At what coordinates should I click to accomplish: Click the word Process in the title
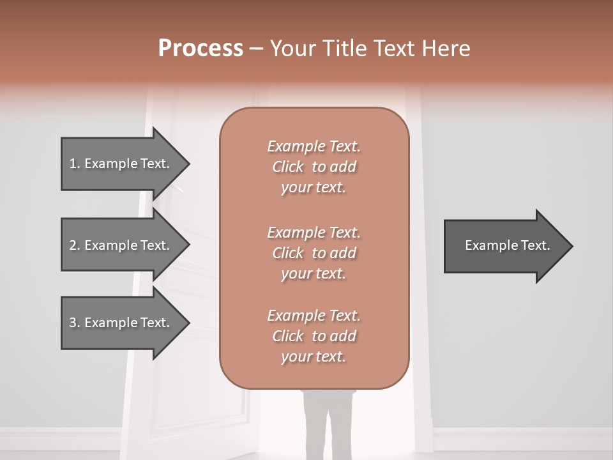click(x=201, y=49)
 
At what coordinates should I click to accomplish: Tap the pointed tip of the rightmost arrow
click(x=571, y=246)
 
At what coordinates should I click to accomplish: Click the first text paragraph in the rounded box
click(x=314, y=167)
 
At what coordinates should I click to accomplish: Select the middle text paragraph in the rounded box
click(x=314, y=253)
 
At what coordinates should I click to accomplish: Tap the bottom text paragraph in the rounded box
click(x=314, y=336)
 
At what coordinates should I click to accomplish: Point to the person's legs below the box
click(x=324, y=425)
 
